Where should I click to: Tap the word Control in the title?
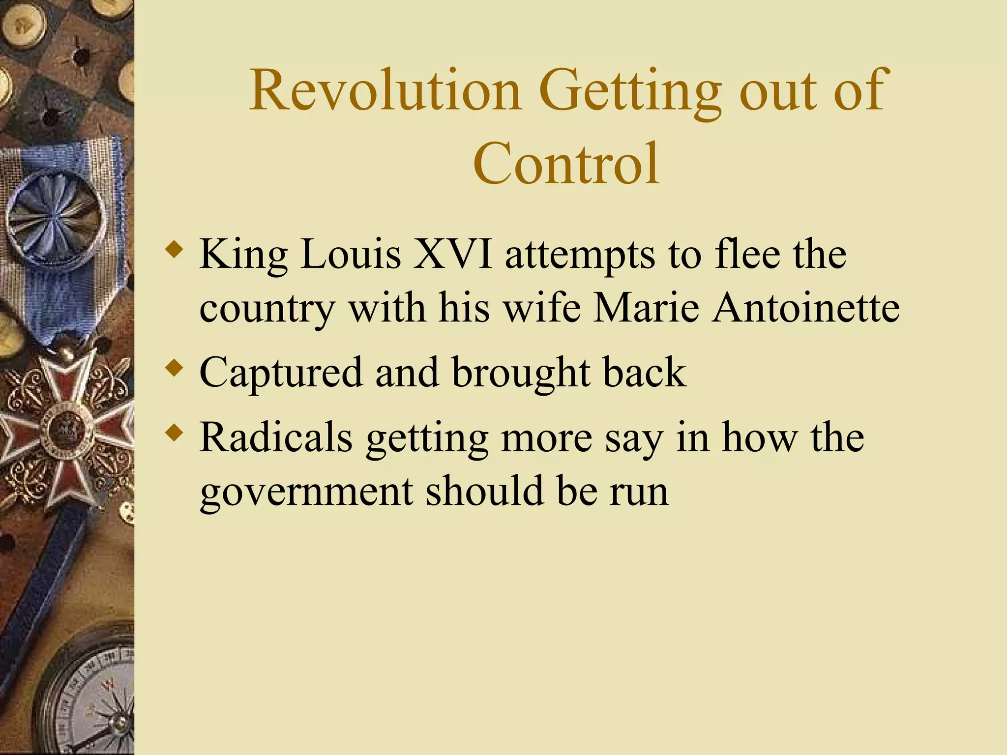[x=566, y=164]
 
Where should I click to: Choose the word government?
[x=306, y=493]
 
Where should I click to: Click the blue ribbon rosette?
[x=55, y=217]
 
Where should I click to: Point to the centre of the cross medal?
[x=67, y=430]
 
